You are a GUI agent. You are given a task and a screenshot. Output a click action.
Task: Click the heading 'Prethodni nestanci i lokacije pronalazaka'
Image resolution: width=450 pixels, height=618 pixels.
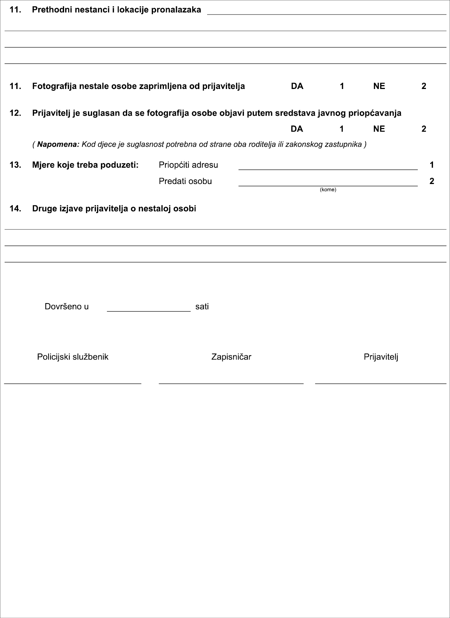[116, 10]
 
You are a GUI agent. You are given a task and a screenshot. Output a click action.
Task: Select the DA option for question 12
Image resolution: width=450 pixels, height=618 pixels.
[297, 129]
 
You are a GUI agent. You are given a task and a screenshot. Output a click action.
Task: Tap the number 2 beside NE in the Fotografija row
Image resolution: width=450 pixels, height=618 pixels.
[424, 86]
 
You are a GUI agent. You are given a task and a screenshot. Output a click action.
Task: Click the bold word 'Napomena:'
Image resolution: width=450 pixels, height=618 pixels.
[58, 144]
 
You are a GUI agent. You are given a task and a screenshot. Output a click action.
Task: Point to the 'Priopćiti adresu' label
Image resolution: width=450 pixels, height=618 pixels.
[188, 165]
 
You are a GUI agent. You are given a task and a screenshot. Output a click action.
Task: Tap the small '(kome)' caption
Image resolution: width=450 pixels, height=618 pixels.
[328, 190]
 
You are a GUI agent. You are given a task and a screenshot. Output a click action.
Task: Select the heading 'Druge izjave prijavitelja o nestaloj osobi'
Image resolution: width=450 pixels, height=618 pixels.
[114, 208]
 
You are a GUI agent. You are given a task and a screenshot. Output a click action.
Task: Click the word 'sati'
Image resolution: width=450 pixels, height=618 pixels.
[202, 307]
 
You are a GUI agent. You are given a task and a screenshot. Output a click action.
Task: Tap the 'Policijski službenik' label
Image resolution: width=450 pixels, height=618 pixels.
[73, 357]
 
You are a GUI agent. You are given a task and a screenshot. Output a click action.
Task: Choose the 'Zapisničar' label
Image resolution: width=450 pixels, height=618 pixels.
[231, 357]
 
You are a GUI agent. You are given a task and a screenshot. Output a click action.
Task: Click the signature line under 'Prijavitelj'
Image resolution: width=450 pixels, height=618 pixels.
[381, 383]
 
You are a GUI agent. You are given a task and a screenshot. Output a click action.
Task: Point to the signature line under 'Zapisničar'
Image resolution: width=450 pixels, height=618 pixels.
[231, 383]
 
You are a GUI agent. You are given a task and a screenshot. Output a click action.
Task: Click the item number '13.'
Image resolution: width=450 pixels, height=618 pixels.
[15, 165]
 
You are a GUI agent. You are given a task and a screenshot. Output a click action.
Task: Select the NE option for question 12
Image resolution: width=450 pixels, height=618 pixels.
[379, 129]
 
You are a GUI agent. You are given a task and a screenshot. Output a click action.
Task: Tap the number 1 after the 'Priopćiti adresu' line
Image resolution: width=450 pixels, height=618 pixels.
[432, 165]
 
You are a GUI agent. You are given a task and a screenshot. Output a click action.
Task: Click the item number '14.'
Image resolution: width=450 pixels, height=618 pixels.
[15, 208]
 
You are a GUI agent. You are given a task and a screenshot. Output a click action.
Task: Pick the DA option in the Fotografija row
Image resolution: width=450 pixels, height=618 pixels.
[297, 86]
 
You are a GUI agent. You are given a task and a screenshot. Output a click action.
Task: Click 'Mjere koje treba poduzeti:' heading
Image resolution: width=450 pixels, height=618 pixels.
[85, 165]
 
